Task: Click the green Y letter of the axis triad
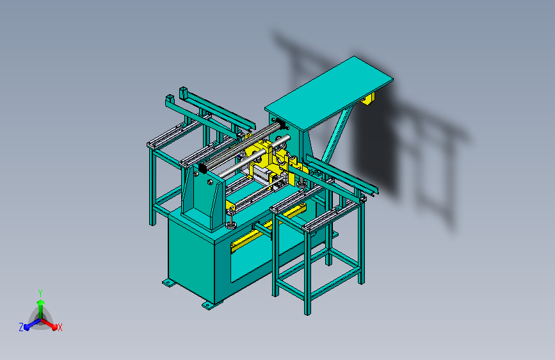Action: click(40, 293)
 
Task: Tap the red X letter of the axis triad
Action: click(60, 327)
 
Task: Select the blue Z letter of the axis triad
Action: click(21, 327)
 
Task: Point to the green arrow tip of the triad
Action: click(41, 302)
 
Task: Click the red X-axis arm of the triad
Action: click(49, 323)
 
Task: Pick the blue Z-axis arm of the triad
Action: click(33, 323)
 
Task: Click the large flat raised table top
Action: click(329, 93)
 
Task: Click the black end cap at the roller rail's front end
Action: click(203, 168)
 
